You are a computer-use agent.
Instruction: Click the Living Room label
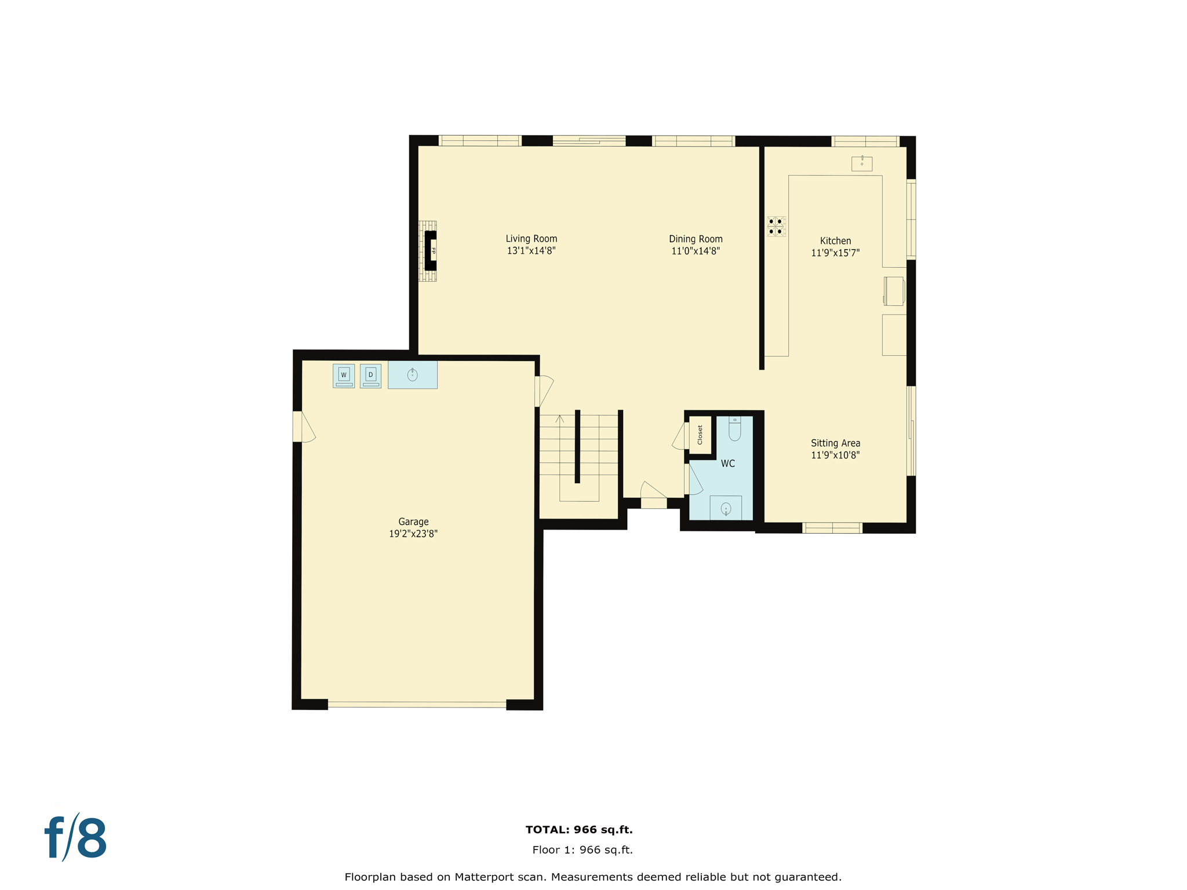531,239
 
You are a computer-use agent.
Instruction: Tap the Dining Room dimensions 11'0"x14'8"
695,251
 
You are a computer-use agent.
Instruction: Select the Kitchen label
835,241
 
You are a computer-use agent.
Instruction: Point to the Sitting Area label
835,443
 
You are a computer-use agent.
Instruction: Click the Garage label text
413,522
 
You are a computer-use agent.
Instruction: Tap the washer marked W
344,375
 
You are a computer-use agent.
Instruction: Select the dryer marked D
370,375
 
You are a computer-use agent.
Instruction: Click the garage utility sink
413,375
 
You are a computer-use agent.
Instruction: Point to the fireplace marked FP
431,251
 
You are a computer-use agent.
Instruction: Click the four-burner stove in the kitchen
775,227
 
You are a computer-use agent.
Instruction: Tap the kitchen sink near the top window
862,163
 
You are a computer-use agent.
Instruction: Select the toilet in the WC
734,429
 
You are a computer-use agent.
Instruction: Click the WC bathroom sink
726,509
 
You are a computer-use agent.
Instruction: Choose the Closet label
700,435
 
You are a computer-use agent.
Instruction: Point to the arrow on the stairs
559,418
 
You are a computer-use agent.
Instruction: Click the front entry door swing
653,493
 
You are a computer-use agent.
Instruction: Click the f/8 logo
76,838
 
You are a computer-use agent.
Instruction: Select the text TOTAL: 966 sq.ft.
578,830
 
